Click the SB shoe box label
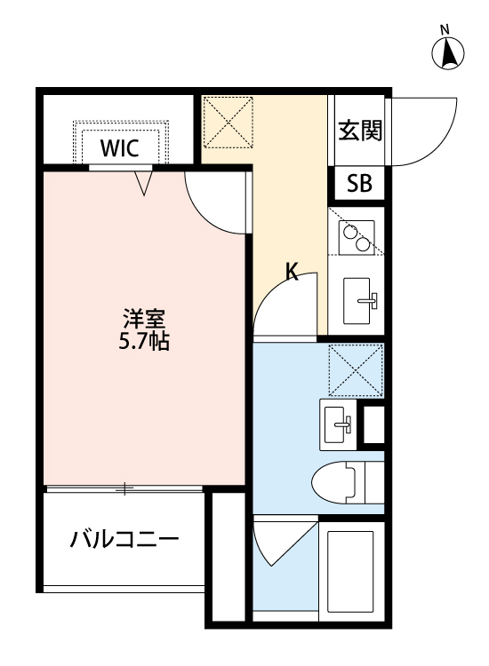(359, 185)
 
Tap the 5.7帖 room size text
(143, 340)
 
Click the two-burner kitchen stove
(356, 234)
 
